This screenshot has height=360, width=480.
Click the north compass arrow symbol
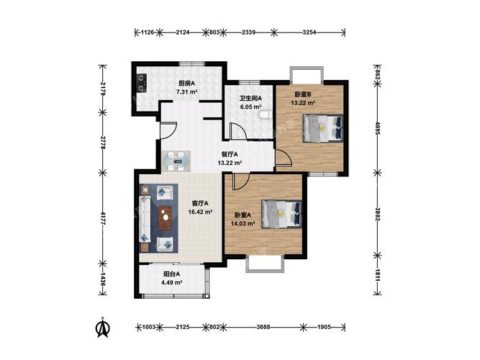pos(103,327)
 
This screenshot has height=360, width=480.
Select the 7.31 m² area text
pos(186,91)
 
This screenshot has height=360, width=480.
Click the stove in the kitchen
pos(141,83)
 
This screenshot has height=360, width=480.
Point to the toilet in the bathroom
pos(265,114)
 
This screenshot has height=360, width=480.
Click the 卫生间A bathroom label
pos(250,99)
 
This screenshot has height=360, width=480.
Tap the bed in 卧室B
pos(322,128)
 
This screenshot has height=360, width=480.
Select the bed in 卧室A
pos(281,214)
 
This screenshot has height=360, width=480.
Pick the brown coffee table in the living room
pos(166,218)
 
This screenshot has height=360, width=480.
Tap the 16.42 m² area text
pos(201,212)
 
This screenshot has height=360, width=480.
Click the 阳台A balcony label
pos(171,274)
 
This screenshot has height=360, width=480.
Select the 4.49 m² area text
pos(172,282)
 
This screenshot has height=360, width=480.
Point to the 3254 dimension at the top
pos(309,32)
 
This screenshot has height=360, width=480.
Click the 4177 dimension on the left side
pos(103,218)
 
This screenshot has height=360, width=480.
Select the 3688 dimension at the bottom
pos(263,327)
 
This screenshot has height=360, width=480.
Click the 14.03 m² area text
pos(243,224)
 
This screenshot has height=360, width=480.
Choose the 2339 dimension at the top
pos(248,32)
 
